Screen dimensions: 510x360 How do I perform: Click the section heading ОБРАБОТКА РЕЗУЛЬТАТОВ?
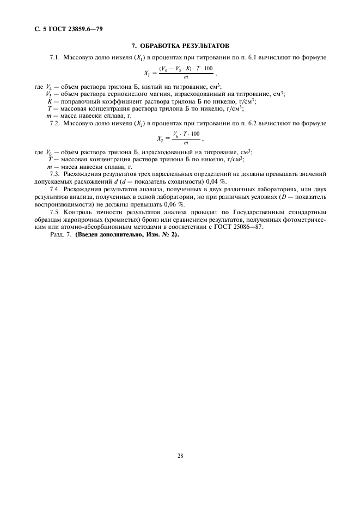[x=180, y=45]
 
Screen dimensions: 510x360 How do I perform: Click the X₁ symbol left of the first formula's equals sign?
[x=147, y=72]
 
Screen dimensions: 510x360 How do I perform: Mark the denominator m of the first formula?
[x=186, y=77]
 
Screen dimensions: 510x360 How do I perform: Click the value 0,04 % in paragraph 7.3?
[x=213, y=181]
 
